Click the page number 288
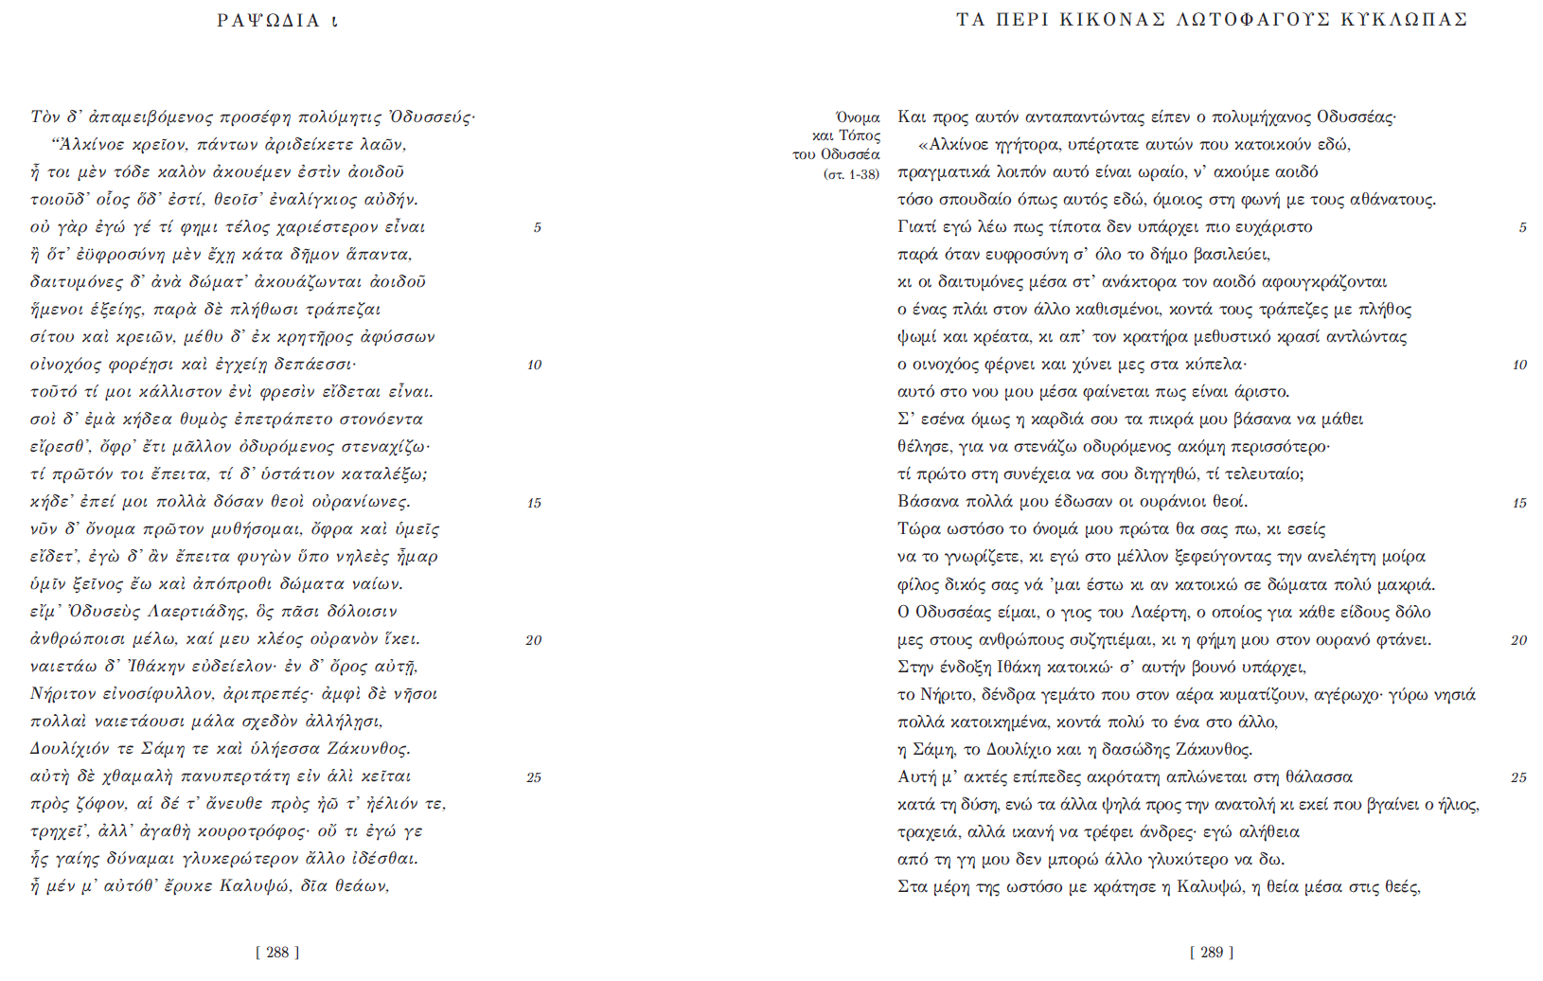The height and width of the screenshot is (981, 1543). point(277,953)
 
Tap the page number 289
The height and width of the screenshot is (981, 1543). point(1212,953)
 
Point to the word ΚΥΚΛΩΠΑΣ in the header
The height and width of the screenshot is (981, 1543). point(1404,20)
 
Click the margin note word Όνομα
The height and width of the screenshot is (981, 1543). point(858,117)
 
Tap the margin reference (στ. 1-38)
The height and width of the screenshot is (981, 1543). point(851,174)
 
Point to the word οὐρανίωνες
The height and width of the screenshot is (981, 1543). point(363,502)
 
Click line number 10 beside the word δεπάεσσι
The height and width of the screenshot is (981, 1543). point(535,366)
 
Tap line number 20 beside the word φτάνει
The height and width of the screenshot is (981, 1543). point(1518,641)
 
